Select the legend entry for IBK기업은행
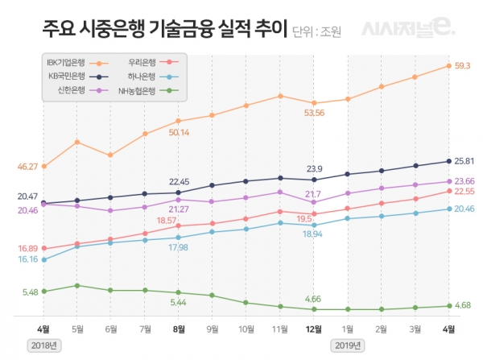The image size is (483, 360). click(72, 61)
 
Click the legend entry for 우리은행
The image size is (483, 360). click(148, 61)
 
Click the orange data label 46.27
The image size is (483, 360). click(27, 166)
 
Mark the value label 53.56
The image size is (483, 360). click(314, 113)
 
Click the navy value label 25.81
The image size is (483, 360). click(464, 161)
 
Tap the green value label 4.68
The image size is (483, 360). click(463, 305)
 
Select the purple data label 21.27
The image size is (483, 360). click(179, 209)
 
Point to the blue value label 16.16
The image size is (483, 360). click(27, 259)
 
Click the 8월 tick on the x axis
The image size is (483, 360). click(179, 329)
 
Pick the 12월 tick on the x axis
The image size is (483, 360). click(314, 329)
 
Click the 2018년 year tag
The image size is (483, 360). click(44, 345)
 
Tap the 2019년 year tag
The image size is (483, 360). click(347, 345)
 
